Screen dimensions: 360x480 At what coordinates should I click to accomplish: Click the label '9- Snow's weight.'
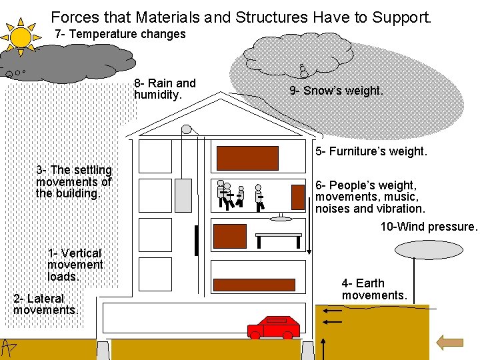click(x=337, y=91)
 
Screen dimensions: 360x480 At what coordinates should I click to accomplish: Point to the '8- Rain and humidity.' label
click(x=165, y=89)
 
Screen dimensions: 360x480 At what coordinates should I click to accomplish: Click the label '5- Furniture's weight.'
click(x=371, y=151)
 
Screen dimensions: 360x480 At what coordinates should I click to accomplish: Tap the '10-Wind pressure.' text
click(x=429, y=227)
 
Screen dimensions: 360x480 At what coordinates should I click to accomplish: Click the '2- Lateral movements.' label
click(x=45, y=304)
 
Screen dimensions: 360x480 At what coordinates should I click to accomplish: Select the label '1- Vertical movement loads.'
click(x=75, y=265)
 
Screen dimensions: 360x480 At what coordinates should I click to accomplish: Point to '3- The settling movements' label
click(x=74, y=182)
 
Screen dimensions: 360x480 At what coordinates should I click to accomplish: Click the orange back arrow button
click(x=449, y=343)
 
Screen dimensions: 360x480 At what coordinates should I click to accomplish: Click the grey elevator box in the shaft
click(x=183, y=195)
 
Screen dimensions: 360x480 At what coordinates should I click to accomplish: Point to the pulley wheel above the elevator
click(x=187, y=129)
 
